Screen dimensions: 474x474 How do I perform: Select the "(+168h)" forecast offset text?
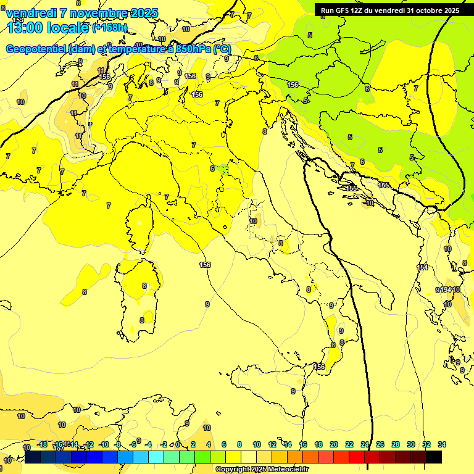[x=109, y=27]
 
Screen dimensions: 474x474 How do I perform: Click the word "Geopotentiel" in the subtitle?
[x=37, y=49]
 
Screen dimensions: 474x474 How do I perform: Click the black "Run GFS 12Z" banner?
[x=389, y=10]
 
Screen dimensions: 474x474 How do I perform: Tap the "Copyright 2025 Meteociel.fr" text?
[x=262, y=470]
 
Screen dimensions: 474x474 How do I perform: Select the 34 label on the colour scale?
[x=441, y=444]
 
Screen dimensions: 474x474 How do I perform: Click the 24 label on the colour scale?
[x=365, y=444]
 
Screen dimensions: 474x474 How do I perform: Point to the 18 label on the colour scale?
[x=318, y=444]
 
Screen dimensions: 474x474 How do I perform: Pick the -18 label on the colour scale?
[x=42, y=444]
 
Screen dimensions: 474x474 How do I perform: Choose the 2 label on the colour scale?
[x=193, y=444]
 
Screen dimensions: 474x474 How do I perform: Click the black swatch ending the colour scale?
[x=434, y=457]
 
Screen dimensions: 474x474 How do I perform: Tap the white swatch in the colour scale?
[x=249, y=457]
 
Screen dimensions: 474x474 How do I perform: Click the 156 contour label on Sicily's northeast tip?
[x=319, y=367]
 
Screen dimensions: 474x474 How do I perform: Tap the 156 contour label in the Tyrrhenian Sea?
[x=205, y=265]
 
